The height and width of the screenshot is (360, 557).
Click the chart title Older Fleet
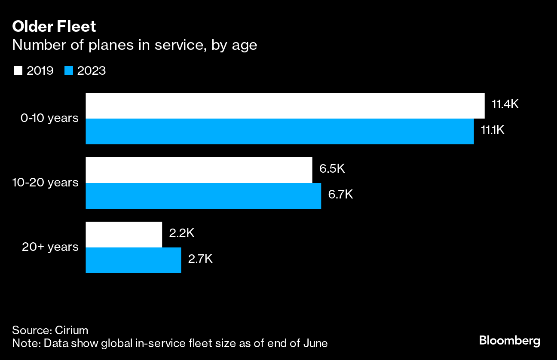(54, 27)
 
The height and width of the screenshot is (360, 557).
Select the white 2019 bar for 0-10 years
(285, 106)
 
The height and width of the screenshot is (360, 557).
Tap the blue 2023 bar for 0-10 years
(279, 131)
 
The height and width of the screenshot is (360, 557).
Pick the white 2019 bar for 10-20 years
(199, 170)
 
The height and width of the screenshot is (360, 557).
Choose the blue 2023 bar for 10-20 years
(203, 196)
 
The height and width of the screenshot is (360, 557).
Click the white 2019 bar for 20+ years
(124, 235)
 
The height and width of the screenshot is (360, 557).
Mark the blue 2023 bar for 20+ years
(133, 260)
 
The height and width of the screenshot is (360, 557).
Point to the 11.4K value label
(505, 104)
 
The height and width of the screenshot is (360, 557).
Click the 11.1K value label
(492, 130)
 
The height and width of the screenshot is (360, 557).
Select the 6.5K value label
(332, 169)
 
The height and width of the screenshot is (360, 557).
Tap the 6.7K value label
(340, 195)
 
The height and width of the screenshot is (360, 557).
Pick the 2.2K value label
(182, 233)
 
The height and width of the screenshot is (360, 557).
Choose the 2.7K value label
(201, 259)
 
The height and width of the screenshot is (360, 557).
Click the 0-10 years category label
(49, 118)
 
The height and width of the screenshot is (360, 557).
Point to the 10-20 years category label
(45, 183)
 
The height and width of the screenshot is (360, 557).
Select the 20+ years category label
(50, 247)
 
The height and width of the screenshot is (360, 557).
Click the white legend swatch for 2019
(18, 71)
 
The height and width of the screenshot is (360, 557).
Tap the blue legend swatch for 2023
(69, 71)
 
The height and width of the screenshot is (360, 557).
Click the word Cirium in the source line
(71, 330)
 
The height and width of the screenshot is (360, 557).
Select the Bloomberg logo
(510, 341)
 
